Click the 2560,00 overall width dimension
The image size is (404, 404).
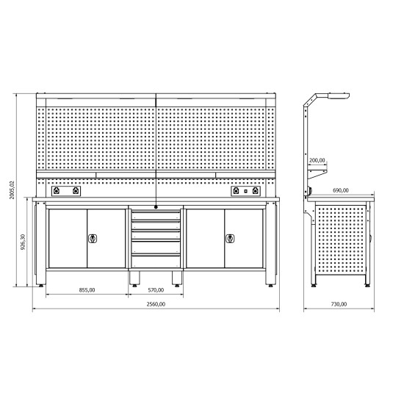pyautogui.click(x=156, y=304)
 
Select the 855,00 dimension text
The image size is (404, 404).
pyautogui.click(x=87, y=290)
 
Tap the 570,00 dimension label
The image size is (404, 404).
pyautogui.click(x=156, y=290)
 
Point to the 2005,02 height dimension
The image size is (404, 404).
pyautogui.click(x=12, y=190)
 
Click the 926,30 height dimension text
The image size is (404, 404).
pyautogui.click(x=23, y=242)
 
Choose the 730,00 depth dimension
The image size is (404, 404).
pyautogui.click(x=339, y=304)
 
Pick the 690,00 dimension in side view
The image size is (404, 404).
pyautogui.click(x=341, y=190)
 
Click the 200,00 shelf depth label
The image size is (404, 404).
pyautogui.click(x=317, y=160)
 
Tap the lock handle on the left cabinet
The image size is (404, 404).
pyautogui.click(x=93, y=239)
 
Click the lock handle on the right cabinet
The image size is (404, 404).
pyautogui.click(x=230, y=239)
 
